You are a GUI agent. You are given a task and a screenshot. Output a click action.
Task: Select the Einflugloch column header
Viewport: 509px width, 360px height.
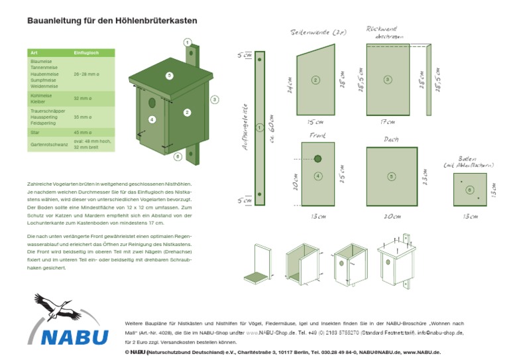click(x=86, y=52)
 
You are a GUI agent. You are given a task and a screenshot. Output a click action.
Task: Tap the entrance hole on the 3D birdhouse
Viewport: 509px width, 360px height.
click(x=152, y=103)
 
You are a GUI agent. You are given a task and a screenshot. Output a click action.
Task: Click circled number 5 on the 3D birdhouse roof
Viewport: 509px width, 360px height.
click(x=169, y=76)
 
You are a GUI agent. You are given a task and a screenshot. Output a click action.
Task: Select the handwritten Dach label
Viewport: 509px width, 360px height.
click(x=391, y=139)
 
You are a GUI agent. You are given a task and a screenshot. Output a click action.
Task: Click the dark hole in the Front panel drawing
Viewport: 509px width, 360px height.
click(x=318, y=158)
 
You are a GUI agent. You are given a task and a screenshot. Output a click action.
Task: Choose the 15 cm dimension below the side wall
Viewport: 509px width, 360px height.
click(x=315, y=122)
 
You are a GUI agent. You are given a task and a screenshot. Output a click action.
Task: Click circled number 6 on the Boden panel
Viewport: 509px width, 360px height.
click(x=469, y=190)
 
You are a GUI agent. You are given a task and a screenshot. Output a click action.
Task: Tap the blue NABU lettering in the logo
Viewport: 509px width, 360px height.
click(x=74, y=336)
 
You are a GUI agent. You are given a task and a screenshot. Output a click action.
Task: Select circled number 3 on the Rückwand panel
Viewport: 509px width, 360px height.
click(x=388, y=80)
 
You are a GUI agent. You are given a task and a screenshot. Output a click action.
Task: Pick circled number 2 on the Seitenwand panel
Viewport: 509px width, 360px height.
click(x=315, y=80)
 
